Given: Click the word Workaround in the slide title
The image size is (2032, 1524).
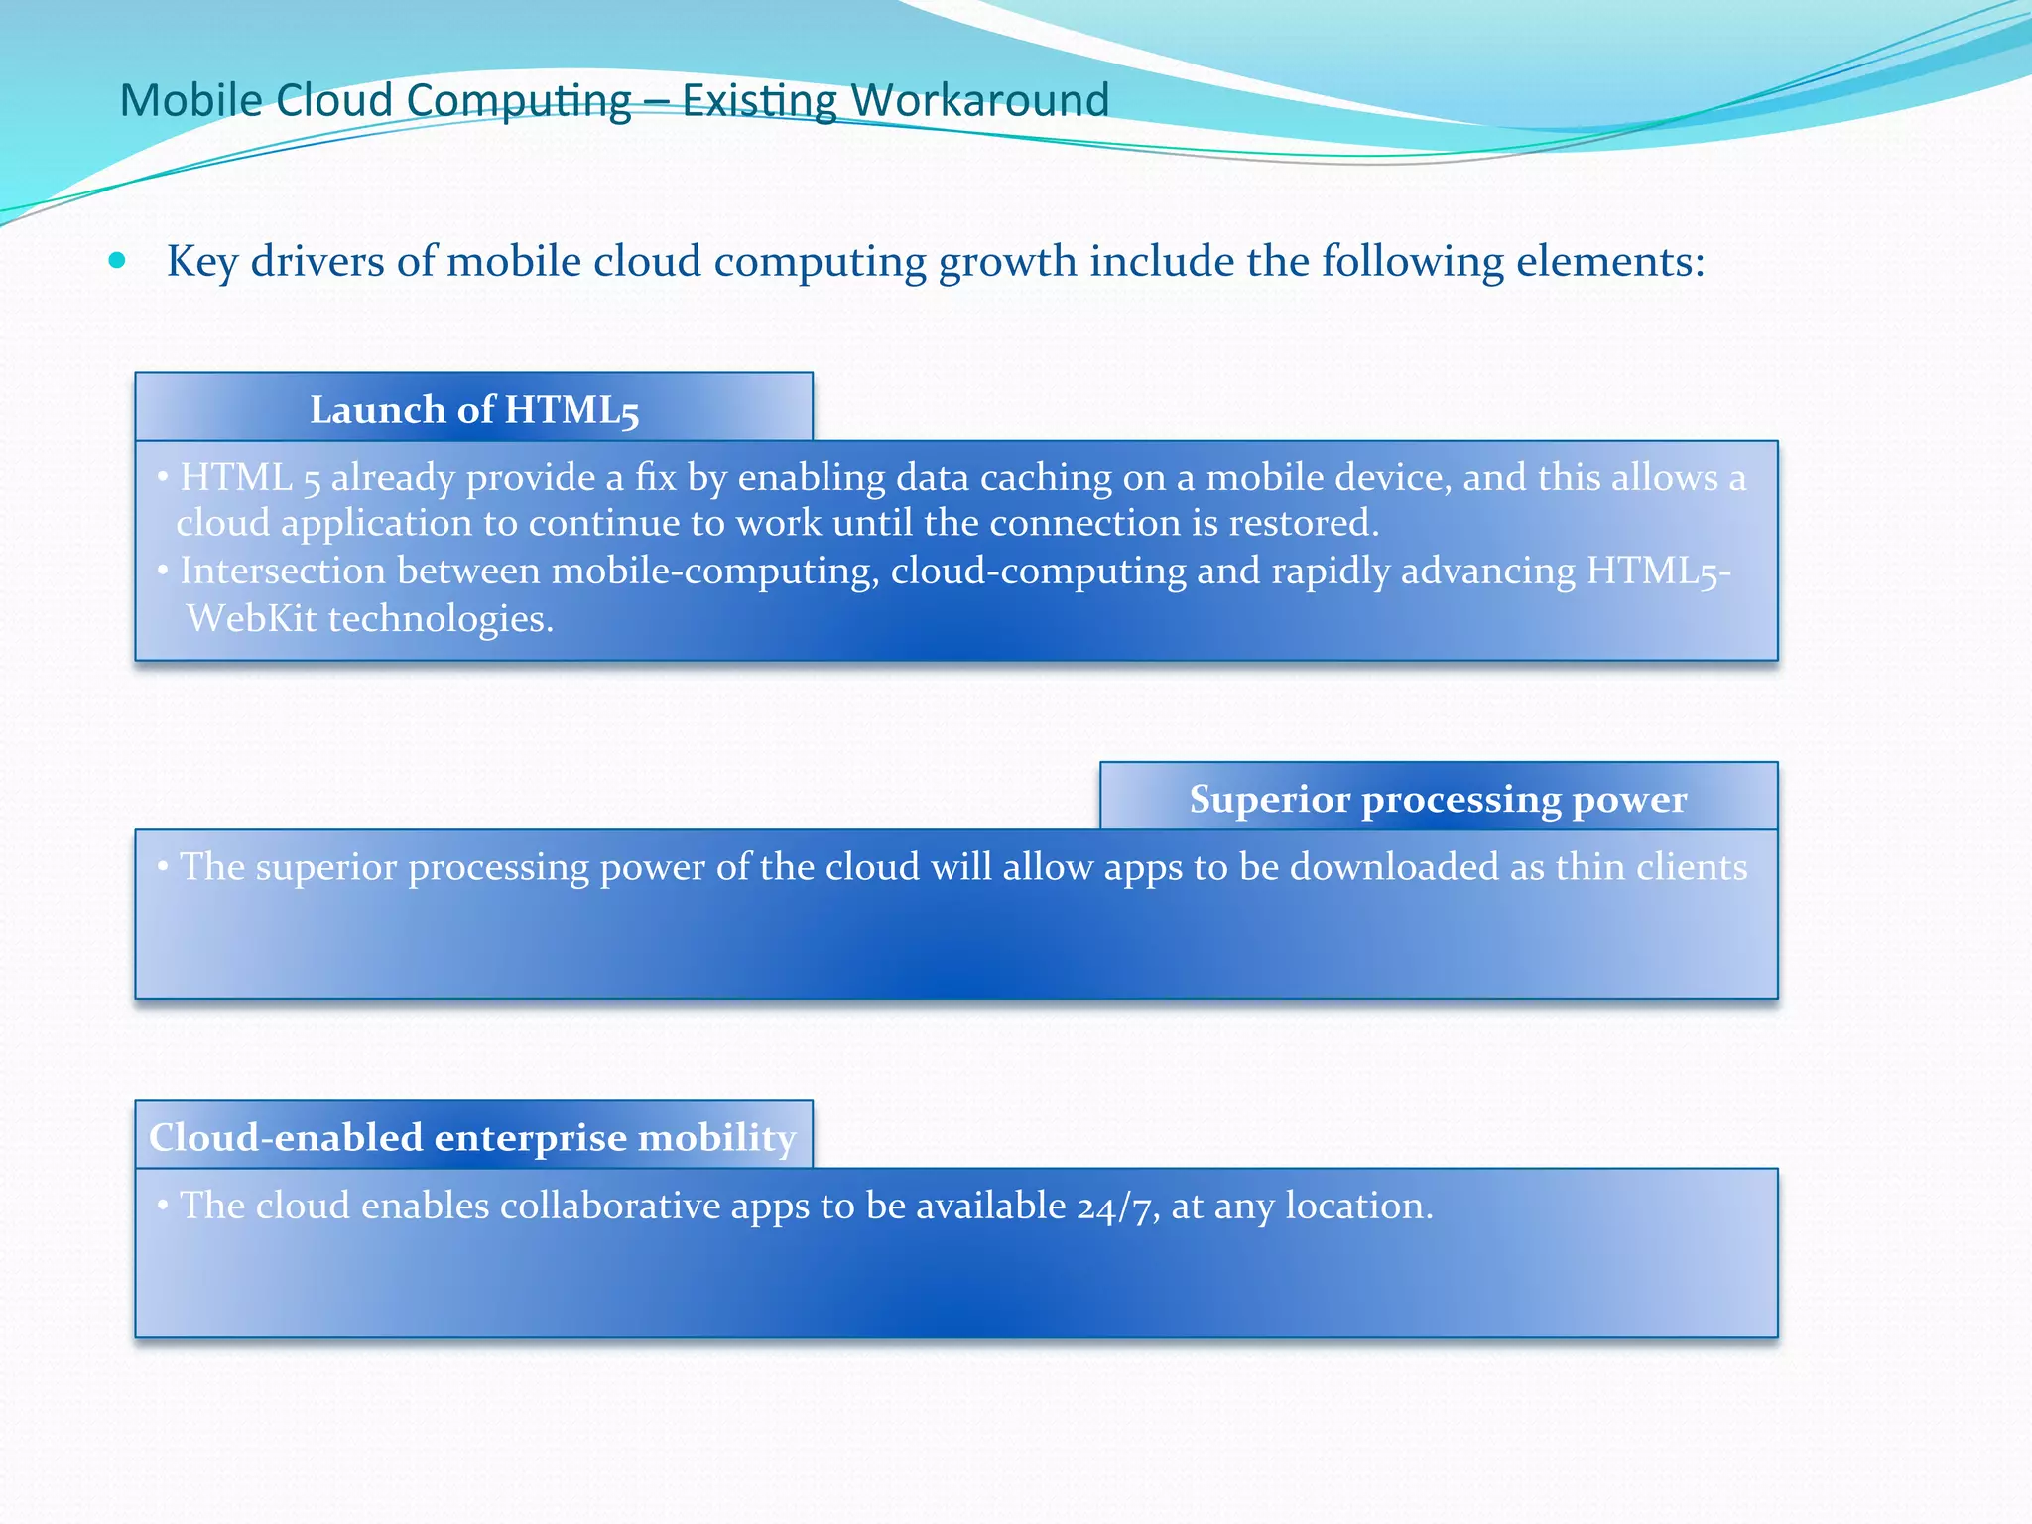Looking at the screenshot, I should pos(979,100).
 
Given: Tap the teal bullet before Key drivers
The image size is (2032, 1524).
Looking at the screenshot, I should pos(118,261).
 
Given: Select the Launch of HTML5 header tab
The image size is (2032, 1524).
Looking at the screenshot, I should pos(474,408).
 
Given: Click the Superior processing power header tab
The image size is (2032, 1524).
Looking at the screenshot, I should pos(1438,798).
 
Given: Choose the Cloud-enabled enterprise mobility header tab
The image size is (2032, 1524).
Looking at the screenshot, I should pos(472,1136).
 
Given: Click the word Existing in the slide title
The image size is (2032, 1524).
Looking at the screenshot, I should pos(759,100).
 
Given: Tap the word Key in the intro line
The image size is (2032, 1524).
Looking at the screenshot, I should pos(201,262).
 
